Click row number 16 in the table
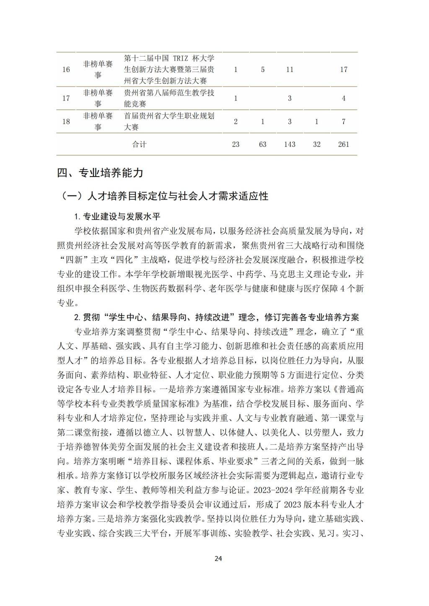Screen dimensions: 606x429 point(66,69)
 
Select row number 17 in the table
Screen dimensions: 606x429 point(66,98)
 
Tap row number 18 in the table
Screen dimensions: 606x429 point(66,121)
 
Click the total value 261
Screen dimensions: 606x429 point(344,144)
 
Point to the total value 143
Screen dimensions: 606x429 point(289,144)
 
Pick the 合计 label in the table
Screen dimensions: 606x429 point(140,144)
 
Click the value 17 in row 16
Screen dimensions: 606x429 point(344,69)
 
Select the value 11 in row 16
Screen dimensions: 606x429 point(289,69)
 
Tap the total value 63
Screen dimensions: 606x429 point(263,144)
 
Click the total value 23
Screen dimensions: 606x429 point(235,144)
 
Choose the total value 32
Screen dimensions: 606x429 point(317,144)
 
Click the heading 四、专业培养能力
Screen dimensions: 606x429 point(100,173)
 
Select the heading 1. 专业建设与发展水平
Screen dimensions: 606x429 point(117,216)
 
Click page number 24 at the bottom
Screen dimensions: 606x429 point(218,558)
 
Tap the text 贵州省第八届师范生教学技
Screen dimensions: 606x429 point(170,92)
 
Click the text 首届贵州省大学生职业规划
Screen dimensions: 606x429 point(170,116)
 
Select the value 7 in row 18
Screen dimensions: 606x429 point(344,121)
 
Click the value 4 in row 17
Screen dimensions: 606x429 point(344,98)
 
